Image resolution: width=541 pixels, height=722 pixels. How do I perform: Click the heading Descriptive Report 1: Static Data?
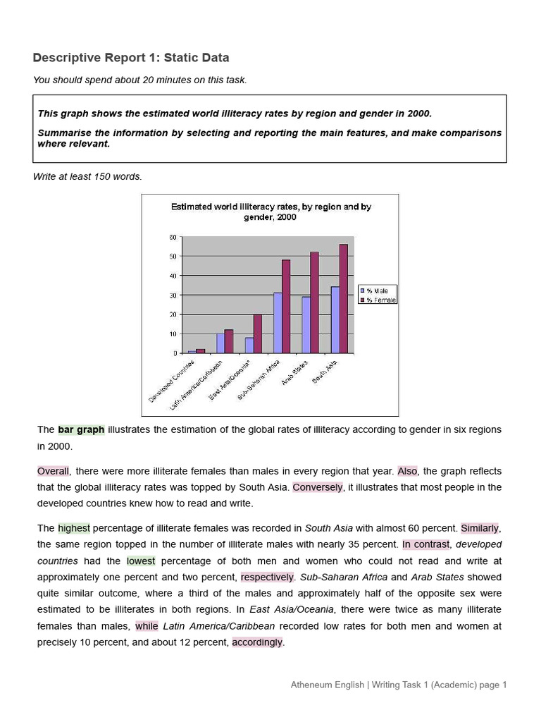pyautogui.click(x=131, y=58)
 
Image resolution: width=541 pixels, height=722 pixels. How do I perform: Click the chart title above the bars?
pyautogui.click(x=271, y=212)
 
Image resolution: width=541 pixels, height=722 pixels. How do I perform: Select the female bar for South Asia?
pyautogui.click(x=343, y=298)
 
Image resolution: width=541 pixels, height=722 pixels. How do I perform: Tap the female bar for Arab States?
pyautogui.click(x=314, y=302)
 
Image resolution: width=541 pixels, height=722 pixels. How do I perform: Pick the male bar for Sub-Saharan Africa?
pyautogui.click(x=278, y=323)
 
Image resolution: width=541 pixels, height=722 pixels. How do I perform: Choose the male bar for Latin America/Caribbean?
pyautogui.click(x=220, y=343)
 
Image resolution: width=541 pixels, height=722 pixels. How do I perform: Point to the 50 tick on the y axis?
pyautogui.click(x=173, y=257)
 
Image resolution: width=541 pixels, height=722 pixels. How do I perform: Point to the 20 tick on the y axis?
pyautogui.click(x=173, y=314)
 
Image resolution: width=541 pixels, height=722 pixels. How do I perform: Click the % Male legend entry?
pyautogui.click(x=377, y=290)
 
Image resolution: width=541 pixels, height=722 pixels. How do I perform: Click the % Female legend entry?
pyautogui.click(x=378, y=300)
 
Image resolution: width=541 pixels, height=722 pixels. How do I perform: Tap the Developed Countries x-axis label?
pyautogui.click(x=171, y=381)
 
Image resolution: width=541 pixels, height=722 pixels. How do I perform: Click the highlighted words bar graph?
pyautogui.click(x=81, y=429)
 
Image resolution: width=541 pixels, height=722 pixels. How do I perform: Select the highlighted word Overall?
pyautogui.click(x=54, y=471)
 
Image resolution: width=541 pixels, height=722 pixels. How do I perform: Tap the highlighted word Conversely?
pyautogui.click(x=318, y=487)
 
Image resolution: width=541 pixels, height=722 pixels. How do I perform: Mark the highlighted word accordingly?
pyautogui.click(x=257, y=642)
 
